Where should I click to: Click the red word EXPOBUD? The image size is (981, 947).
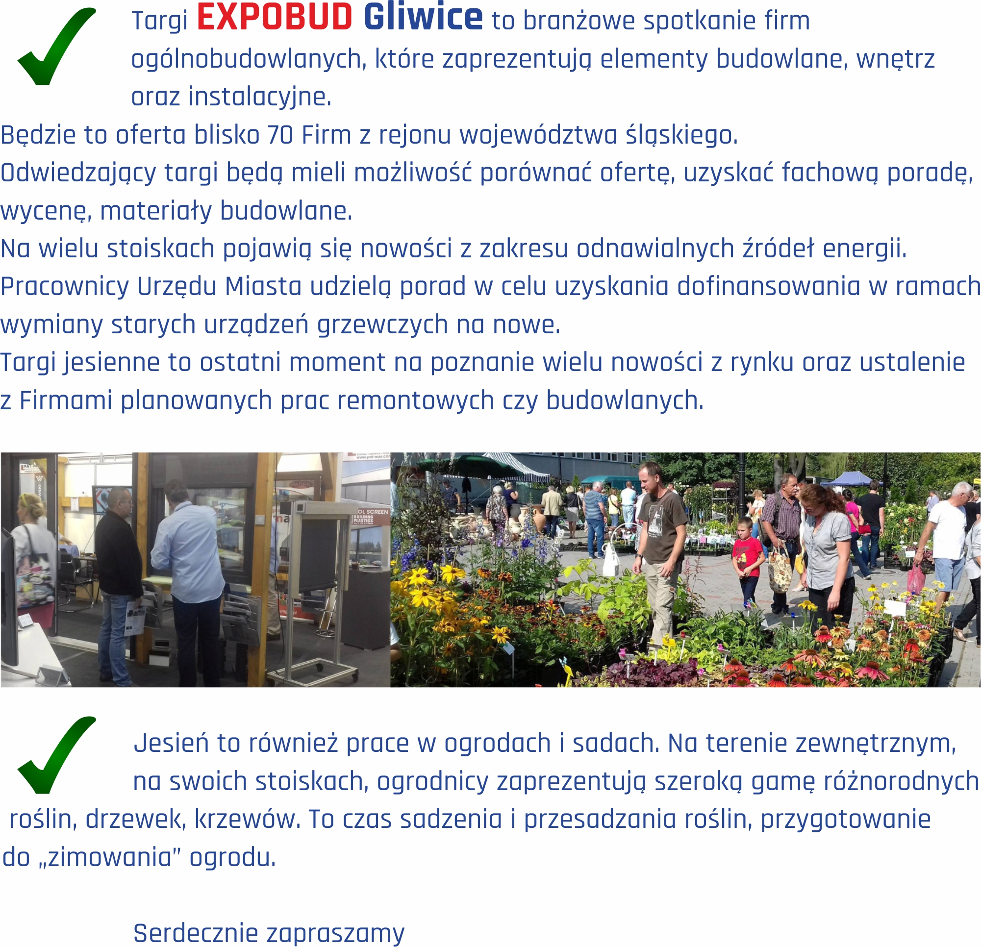[275, 18]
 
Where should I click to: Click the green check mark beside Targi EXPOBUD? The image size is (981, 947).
[56, 46]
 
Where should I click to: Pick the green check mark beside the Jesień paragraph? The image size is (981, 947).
[56, 755]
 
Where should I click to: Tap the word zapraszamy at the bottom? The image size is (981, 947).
[335, 934]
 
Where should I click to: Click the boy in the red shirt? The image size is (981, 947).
[747, 561]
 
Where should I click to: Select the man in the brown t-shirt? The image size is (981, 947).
[660, 550]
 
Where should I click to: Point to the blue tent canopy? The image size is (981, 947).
[849, 479]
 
